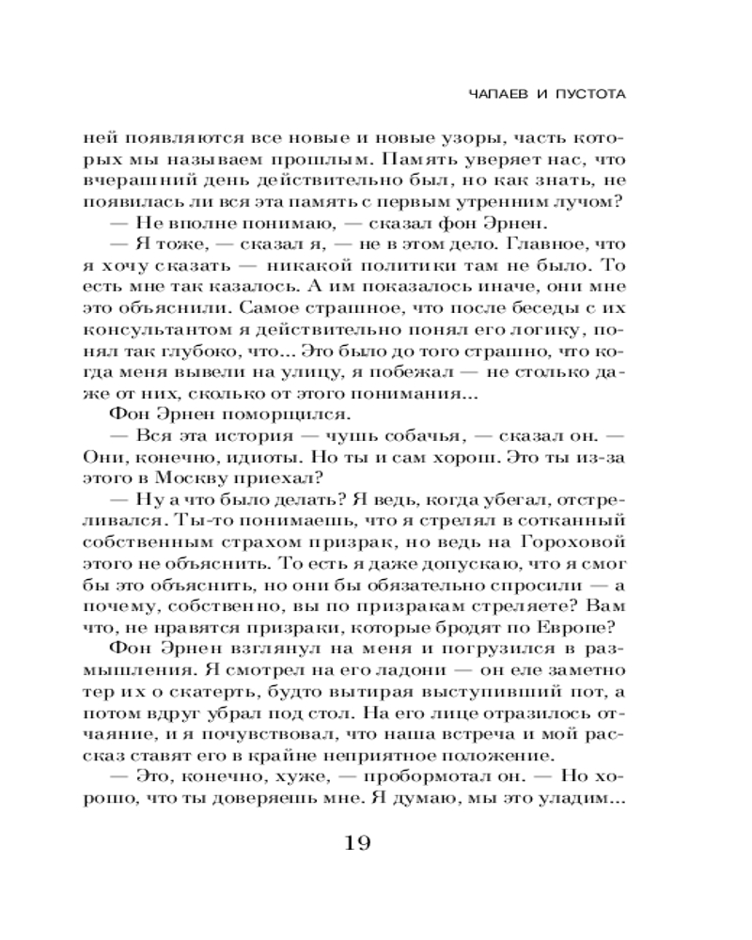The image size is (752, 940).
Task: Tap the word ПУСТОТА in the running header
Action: coord(585,95)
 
